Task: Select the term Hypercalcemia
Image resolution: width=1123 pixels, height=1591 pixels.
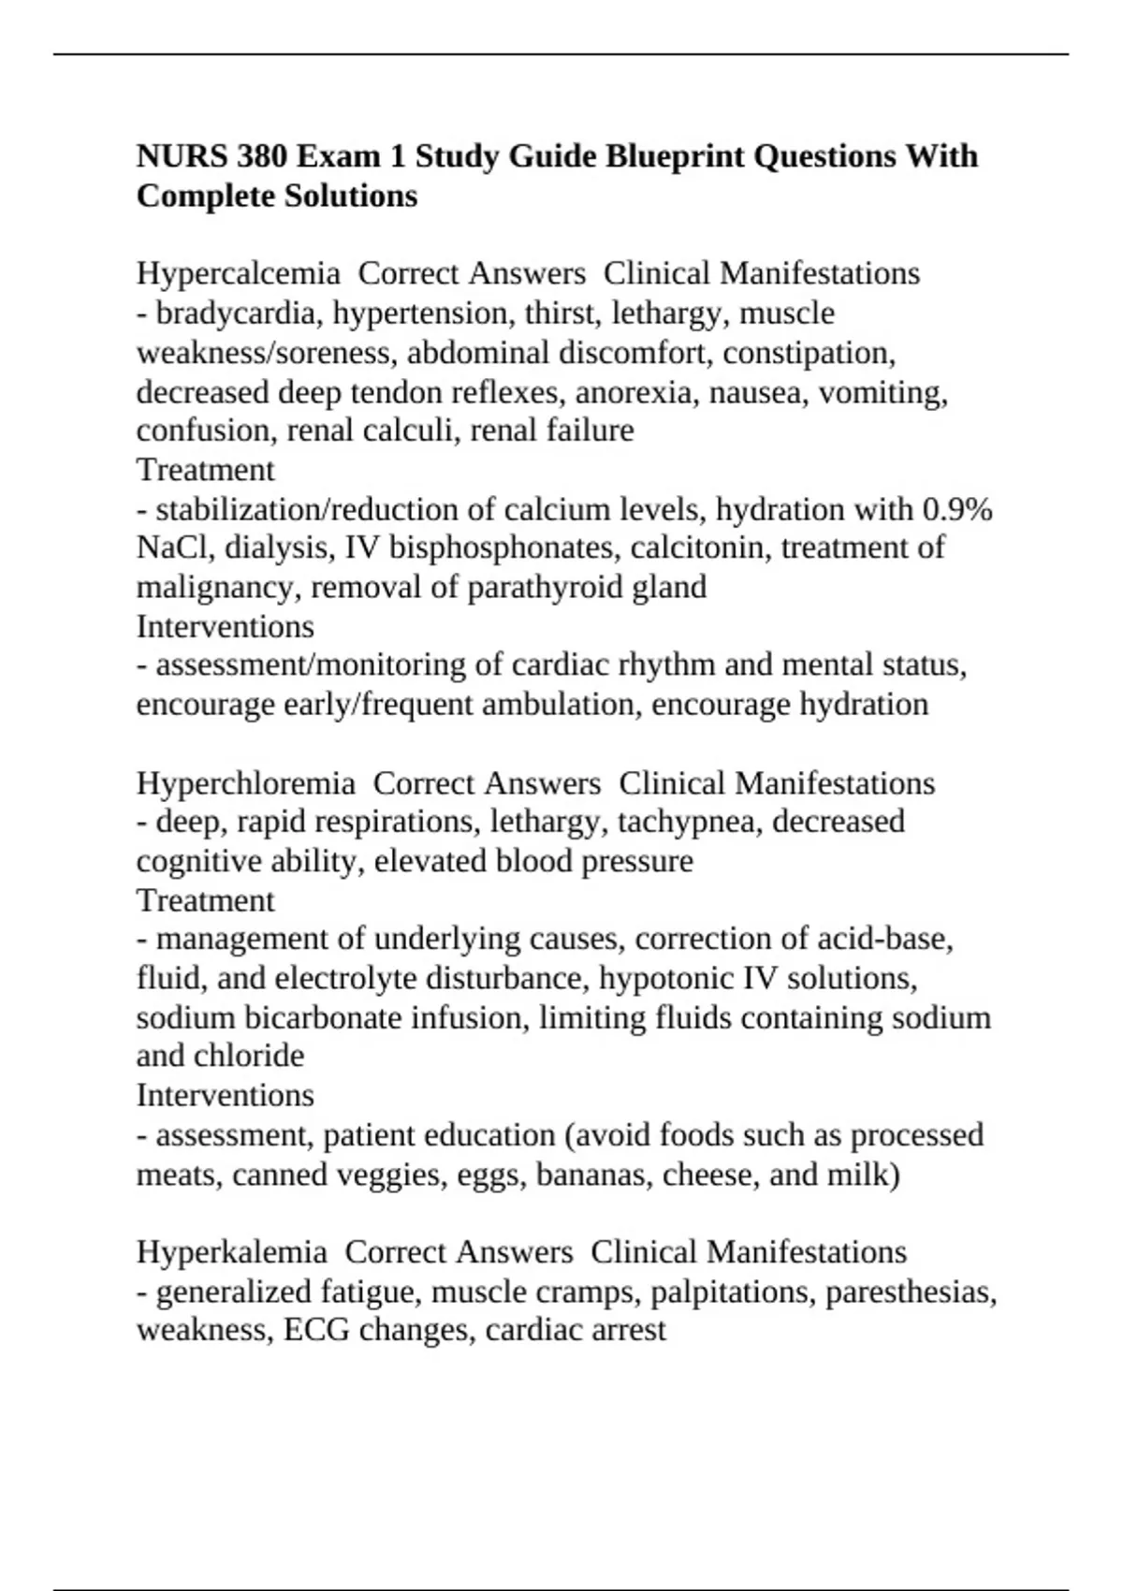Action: point(238,273)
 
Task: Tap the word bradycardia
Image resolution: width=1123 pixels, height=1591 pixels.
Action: point(240,313)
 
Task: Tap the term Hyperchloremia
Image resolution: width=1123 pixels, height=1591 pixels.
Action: point(245,782)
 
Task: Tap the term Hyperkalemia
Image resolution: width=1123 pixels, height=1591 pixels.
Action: point(231,1252)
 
